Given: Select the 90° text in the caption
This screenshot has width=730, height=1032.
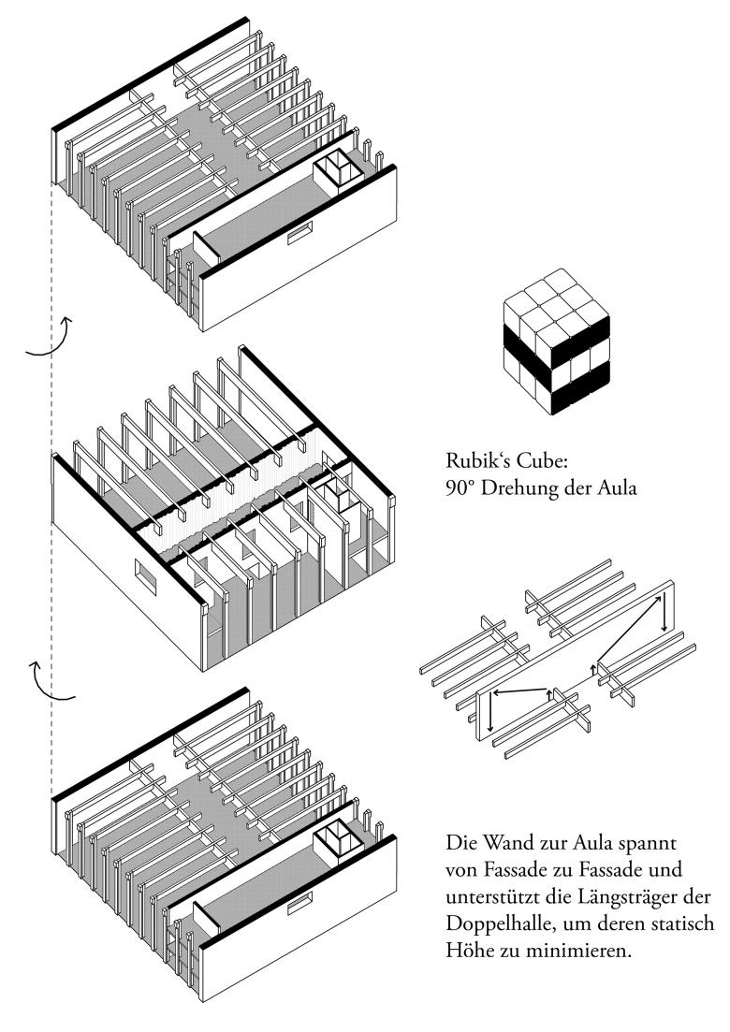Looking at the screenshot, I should [x=461, y=487].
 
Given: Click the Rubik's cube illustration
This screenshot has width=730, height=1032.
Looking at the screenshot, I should [x=557, y=339].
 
